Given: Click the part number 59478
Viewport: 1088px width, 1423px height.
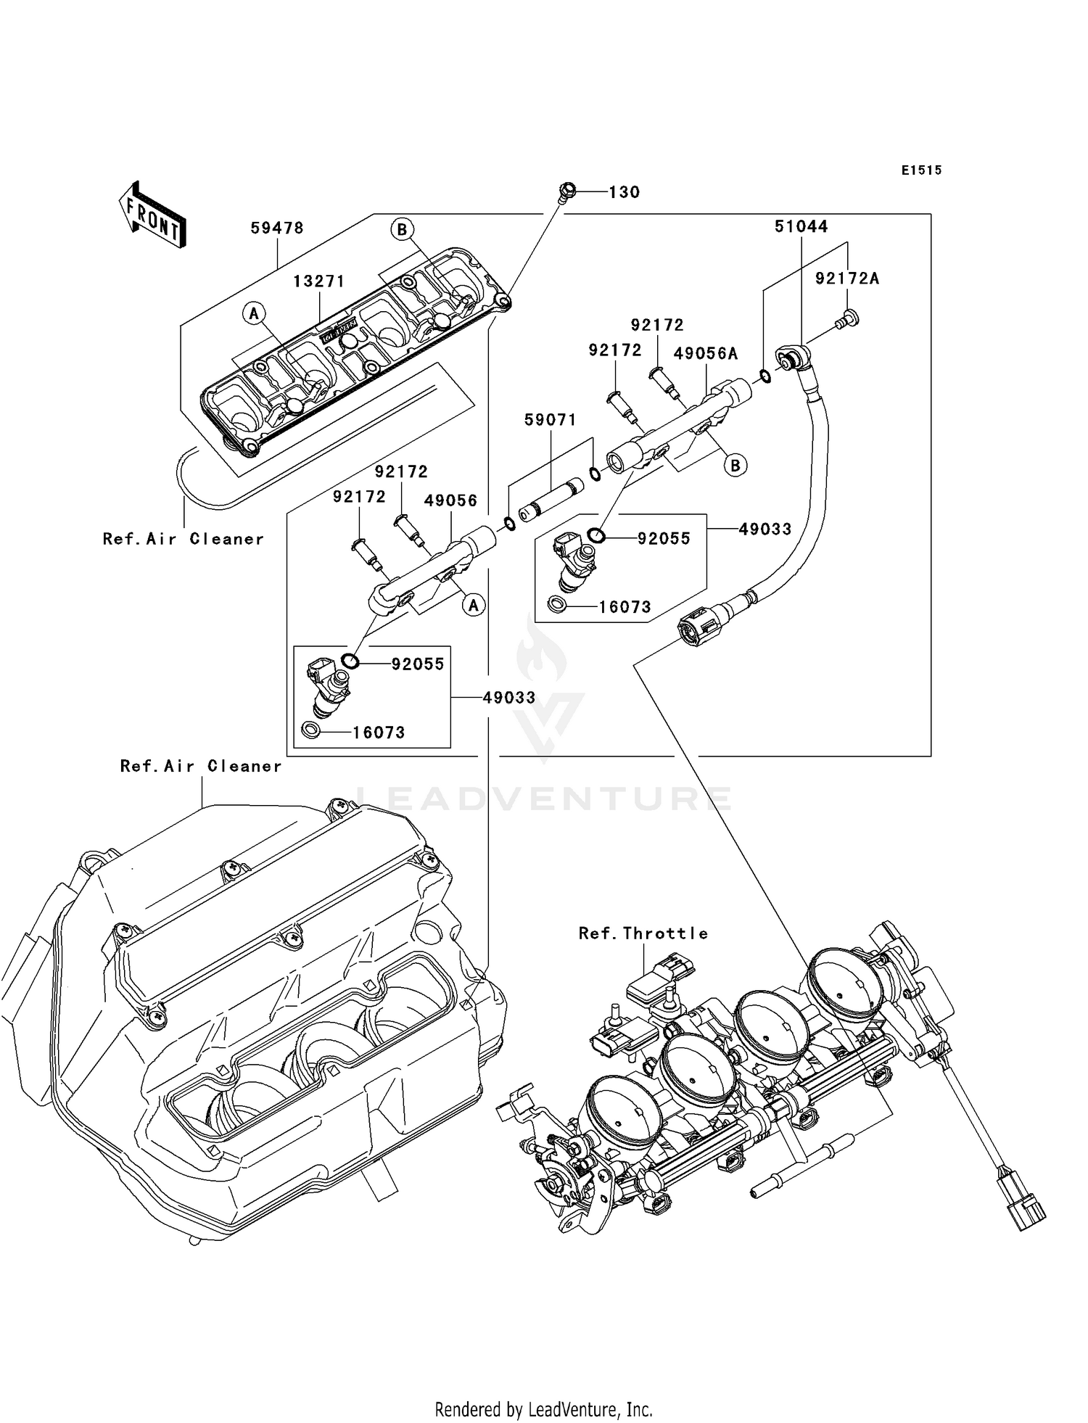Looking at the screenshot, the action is click(277, 228).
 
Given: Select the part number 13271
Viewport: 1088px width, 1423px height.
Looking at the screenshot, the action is click(319, 281).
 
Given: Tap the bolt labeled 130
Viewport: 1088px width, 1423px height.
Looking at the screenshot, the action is click(566, 191).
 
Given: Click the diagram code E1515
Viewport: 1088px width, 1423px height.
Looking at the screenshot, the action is click(922, 170).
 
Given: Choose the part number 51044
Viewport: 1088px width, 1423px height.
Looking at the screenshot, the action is click(801, 226).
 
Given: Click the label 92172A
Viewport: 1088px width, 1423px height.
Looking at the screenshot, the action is click(847, 279).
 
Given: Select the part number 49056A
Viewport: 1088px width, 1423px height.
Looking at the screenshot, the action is click(706, 353).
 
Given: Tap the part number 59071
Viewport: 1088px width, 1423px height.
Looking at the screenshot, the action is click(551, 420).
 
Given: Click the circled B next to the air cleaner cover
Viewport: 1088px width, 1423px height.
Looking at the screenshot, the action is click(402, 230).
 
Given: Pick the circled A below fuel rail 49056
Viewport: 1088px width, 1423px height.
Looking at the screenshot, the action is click(474, 604).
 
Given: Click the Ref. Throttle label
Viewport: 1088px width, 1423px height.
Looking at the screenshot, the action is click(643, 933).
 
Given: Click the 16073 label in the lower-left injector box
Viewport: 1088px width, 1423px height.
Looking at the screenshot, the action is click(379, 733).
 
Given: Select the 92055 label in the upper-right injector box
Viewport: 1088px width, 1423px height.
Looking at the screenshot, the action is click(664, 538).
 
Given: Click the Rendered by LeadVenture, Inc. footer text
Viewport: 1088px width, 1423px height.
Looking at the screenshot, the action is click(544, 1410).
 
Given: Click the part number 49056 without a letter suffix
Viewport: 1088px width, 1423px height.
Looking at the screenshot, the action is click(450, 500).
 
